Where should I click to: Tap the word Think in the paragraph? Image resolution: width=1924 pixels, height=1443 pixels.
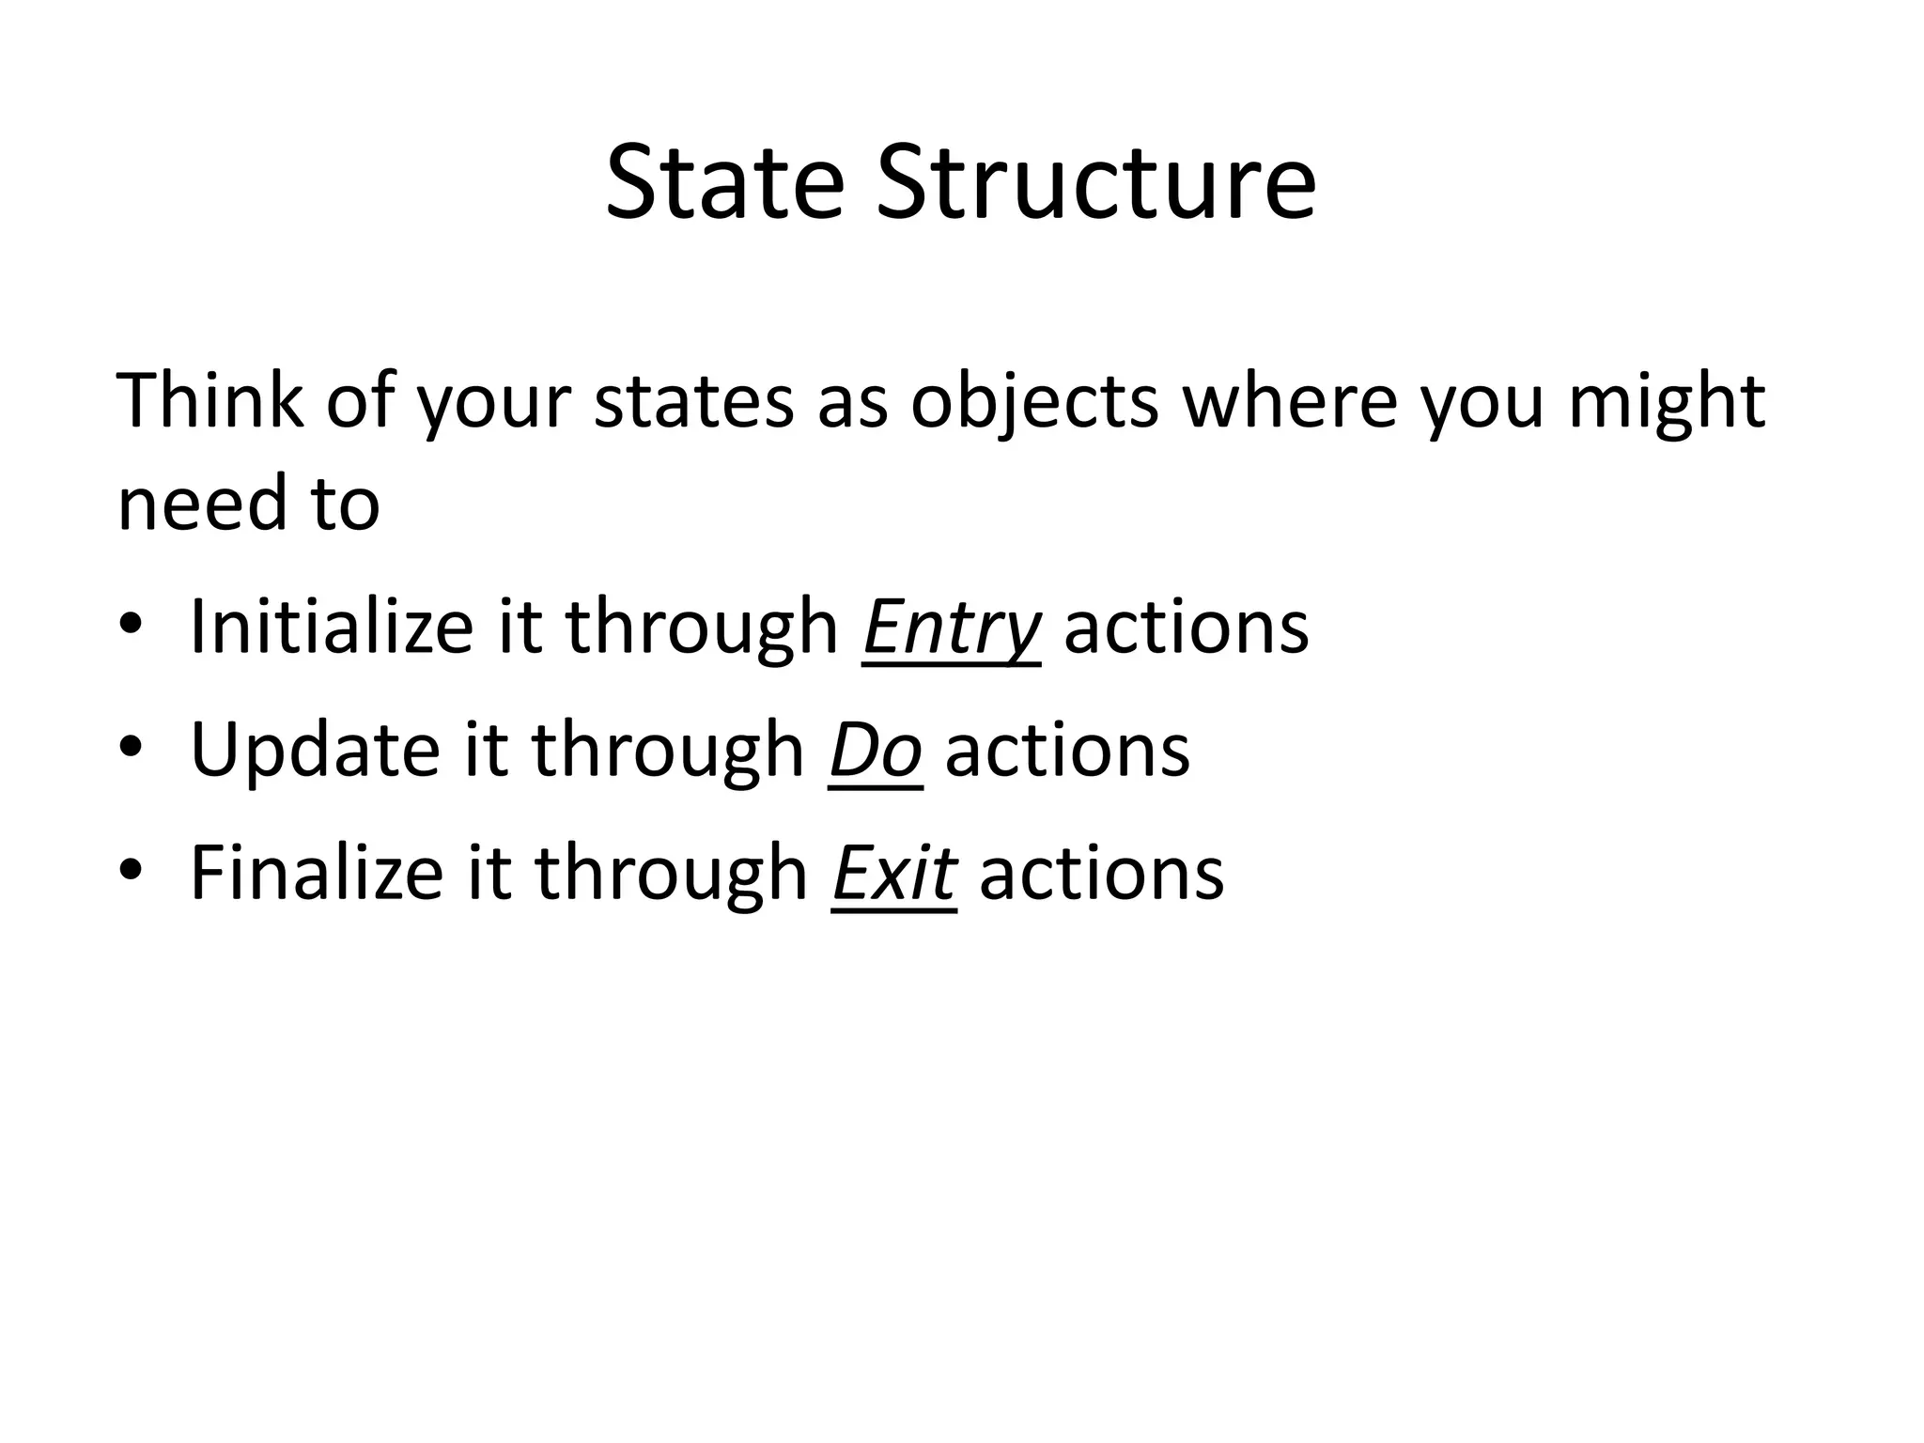tap(209, 401)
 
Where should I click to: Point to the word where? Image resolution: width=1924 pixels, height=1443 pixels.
tap(1290, 401)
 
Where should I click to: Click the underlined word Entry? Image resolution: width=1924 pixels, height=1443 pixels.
tap(951, 628)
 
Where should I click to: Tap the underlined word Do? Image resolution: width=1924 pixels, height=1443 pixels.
tap(875, 750)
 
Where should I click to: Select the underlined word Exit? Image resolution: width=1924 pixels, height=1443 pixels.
tap(893, 872)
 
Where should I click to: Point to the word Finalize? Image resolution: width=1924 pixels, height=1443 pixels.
tap(317, 872)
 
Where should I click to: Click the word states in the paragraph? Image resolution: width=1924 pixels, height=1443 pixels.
tap(693, 402)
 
